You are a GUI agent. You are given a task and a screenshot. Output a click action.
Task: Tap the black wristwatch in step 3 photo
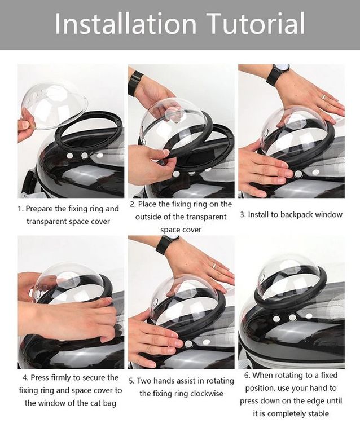pos(278,74)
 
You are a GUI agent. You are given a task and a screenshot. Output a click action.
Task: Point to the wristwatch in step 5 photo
pos(166,245)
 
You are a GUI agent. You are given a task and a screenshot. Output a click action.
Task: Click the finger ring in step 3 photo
pos(323,96)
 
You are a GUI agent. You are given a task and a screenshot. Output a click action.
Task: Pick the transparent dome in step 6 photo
pos(288,276)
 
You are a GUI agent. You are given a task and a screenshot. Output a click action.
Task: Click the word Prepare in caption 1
pos(45,209)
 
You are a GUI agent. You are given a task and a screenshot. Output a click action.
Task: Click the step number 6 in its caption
pos(247,375)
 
